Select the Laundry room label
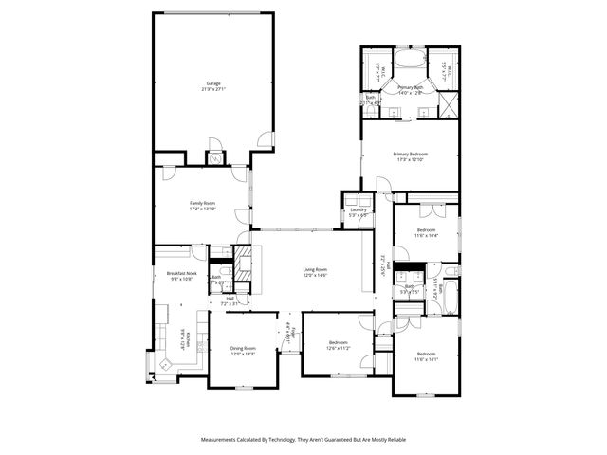click(358, 212)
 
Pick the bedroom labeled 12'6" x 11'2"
click(340, 345)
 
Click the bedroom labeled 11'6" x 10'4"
click(427, 232)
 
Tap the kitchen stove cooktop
click(161, 311)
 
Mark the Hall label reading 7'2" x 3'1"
click(230, 301)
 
